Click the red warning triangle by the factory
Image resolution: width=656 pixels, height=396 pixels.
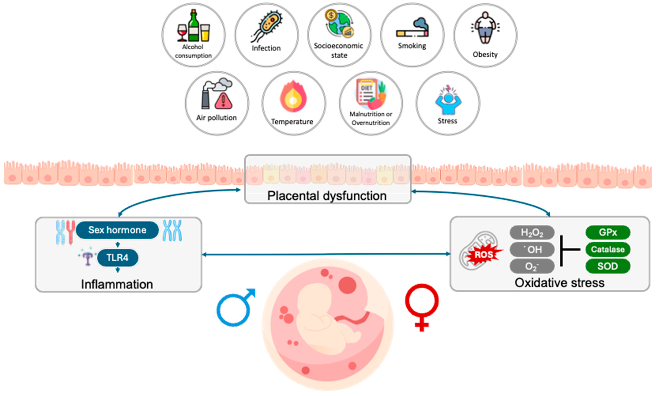point(223,101)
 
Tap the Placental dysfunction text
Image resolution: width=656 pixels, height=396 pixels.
point(327,196)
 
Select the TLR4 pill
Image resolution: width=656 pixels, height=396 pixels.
point(117,258)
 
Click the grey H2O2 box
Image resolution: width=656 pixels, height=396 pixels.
point(532,233)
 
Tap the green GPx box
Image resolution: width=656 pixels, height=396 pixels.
point(608,232)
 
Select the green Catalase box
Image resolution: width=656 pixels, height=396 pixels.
point(608,249)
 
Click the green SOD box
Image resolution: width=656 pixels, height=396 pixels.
point(608,266)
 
